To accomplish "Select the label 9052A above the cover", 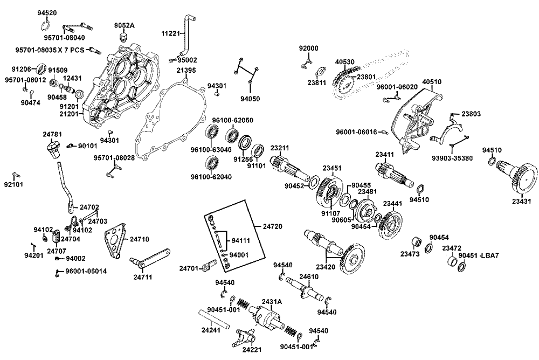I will (124, 26).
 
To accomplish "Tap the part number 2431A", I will (272, 301).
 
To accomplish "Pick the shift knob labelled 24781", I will (52, 147).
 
